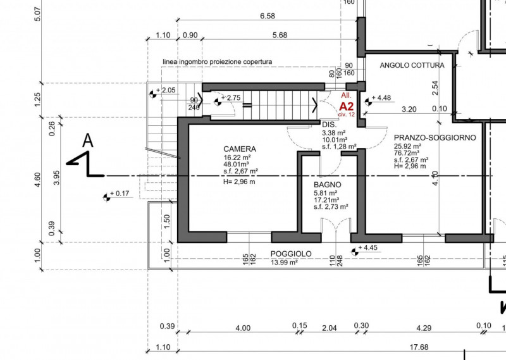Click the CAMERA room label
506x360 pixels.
click(x=240, y=149)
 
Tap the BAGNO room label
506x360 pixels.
click(x=328, y=185)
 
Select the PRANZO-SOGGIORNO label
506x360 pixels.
click(x=434, y=137)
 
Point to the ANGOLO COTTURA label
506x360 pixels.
click(x=412, y=65)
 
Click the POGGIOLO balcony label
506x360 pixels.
click(x=291, y=254)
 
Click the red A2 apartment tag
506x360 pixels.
click(x=347, y=106)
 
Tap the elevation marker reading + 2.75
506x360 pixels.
click(x=227, y=98)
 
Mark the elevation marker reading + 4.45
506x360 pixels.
click(x=366, y=248)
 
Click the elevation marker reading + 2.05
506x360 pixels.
click(x=163, y=91)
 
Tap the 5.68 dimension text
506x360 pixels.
click(x=278, y=35)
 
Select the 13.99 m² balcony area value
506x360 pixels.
click(x=285, y=262)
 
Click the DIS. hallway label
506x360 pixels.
click(x=328, y=125)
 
